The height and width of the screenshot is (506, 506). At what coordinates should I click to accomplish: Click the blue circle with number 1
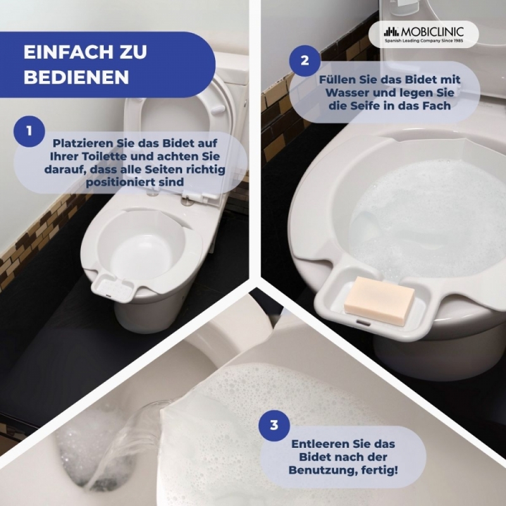coord(29,132)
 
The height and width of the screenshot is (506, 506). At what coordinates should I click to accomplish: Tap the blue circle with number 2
coord(305,60)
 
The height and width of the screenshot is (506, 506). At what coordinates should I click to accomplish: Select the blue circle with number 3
coord(274,425)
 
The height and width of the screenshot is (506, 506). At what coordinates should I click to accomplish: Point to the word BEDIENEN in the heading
coord(77,77)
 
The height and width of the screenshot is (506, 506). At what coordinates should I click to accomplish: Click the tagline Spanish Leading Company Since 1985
coord(424,40)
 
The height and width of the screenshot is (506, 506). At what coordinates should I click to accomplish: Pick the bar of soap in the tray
coord(379,296)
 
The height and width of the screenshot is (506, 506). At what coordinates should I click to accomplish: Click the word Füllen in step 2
coord(336,80)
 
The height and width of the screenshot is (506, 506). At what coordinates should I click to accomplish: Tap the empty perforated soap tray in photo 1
coord(113,287)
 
